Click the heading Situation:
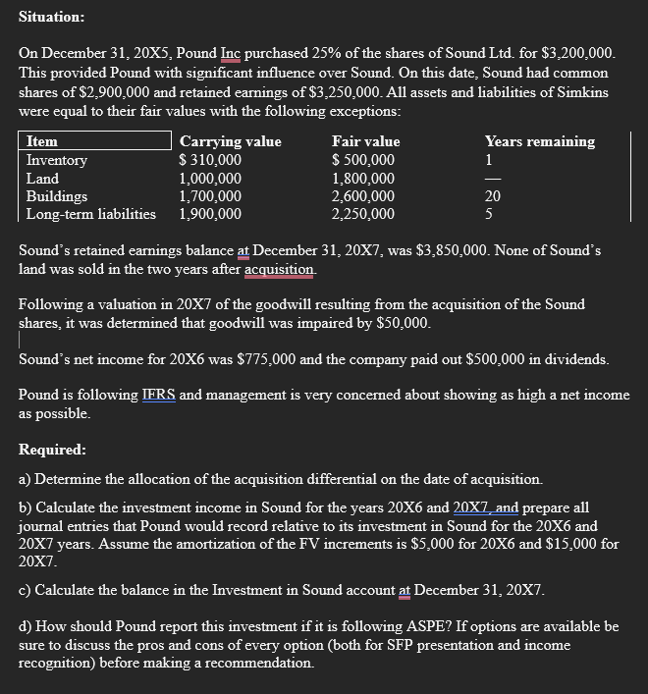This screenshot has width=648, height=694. coord(51,17)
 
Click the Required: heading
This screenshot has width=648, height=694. coord(52,450)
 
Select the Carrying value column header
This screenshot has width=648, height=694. coord(230,141)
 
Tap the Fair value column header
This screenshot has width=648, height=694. coord(366,141)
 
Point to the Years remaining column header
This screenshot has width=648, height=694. coord(539,141)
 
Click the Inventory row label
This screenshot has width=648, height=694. coord(57,160)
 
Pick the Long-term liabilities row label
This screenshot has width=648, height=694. coord(91,213)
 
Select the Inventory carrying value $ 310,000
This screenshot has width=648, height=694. coord(210,160)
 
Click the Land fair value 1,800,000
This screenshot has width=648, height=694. coord(363,178)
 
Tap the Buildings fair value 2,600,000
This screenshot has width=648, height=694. coord(363,195)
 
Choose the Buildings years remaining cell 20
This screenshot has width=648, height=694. coord(493,195)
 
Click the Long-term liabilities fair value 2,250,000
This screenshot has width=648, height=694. coord(363,213)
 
